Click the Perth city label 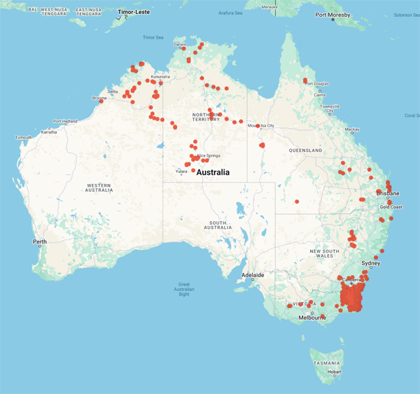click(39, 241)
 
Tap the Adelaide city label click(252, 275)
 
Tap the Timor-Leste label click(133, 12)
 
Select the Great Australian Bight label click(184, 289)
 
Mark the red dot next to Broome click(101, 101)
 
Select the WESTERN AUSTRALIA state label click(99, 188)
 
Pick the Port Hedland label click(66, 121)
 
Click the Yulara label click(181, 170)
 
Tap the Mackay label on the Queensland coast click(352, 129)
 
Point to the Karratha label click(48, 132)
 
